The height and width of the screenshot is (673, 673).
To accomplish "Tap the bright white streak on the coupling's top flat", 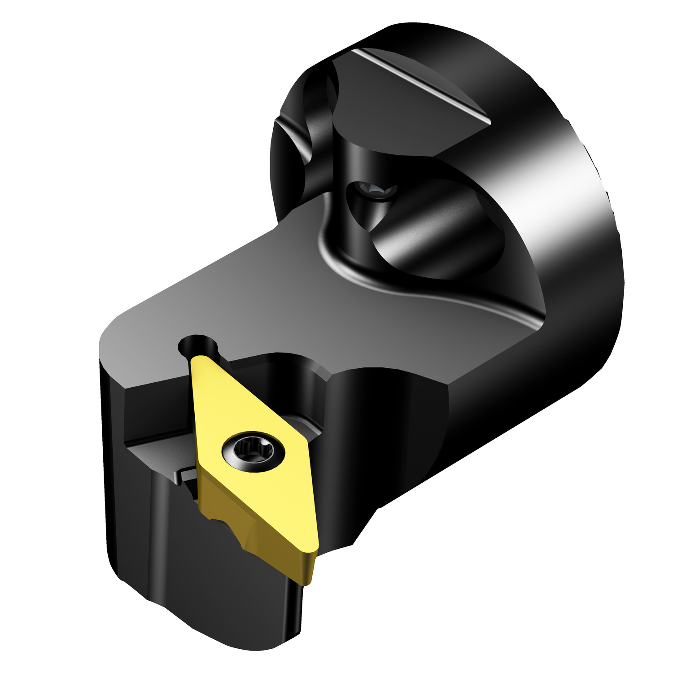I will pos(422,85).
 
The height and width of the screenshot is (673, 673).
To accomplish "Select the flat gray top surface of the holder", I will pos(269,292).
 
